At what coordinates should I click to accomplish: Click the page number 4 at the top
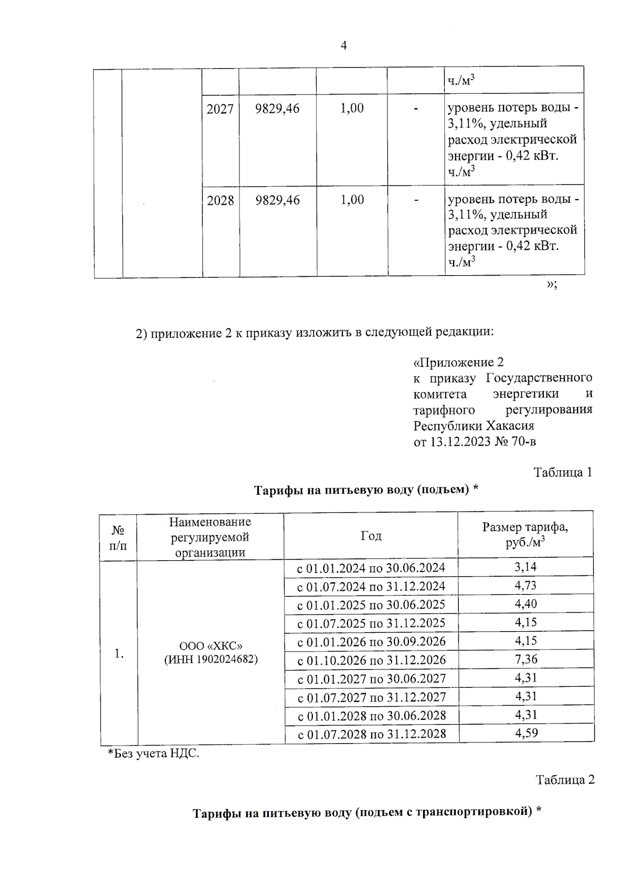pyautogui.click(x=343, y=46)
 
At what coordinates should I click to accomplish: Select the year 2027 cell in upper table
pyautogui.click(x=220, y=109)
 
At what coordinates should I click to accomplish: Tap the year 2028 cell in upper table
pyautogui.click(x=220, y=200)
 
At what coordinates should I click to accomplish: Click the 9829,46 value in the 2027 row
pyautogui.click(x=277, y=109)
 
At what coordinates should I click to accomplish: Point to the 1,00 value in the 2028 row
pyautogui.click(x=352, y=200)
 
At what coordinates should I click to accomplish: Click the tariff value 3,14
pyautogui.click(x=526, y=567)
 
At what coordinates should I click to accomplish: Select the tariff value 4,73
pyautogui.click(x=526, y=585)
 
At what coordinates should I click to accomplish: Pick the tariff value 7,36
pyautogui.click(x=526, y=659)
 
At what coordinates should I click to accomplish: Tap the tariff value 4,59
pyautogui.click(x=526, y=733)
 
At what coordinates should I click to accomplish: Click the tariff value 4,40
pyautogui.click(x=526, y=604)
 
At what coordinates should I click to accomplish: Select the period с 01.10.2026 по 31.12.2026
pyautogui.click(x=371, y=660)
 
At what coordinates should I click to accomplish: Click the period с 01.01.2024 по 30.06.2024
pyautogui.click(x=371, y=568)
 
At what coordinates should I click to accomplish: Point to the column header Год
pyautogui.click(x=371, y=536)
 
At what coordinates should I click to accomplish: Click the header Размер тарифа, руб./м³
pyautogui.click(x=525, y=535)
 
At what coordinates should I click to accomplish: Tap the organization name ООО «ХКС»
pyautogui.click(x=211, y=646)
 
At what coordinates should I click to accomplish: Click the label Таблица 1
pyautogui.click(x=563, y=472)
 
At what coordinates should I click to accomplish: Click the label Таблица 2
pyautogui.click(x=565, y=780)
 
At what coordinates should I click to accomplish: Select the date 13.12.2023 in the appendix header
pyautogui.click(x=460, y=442)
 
